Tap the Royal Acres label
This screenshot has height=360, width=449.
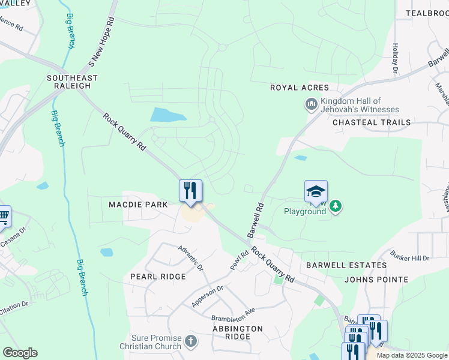coord(300,88)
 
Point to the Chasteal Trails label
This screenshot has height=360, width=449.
coord(372,122)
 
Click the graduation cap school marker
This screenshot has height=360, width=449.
coord(316,191)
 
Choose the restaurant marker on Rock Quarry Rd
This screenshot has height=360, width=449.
coord(190,190)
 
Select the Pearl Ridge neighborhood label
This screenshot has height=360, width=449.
coord(158,277)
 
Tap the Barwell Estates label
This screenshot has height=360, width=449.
coord(346,265)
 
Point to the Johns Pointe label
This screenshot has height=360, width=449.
coord(376,280)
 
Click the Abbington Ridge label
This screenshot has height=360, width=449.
coord(238,332)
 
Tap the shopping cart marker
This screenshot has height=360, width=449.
coord(4,216)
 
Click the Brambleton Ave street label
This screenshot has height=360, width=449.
coord(233,314)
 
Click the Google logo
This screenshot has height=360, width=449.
coord(20,353)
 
